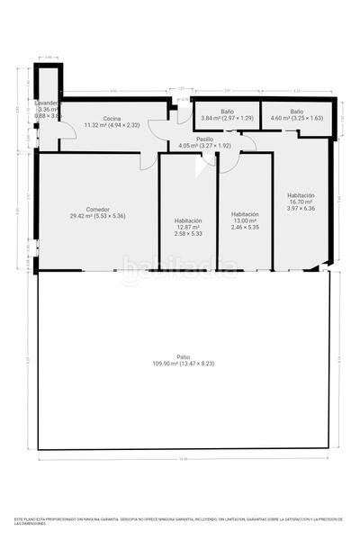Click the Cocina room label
pyautogui.click(x=112, y=119)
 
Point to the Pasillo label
pyautogui.click(x=204, y=139)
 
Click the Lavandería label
pyautogui.click(x=48, y=103)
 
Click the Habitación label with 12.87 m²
pyautogui.click(x=188, y=220)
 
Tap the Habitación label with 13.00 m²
pyautogui.click(x=245, y=214)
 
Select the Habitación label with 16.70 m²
pyautogui.click(x=301, y=195)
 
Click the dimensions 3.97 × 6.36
pyautogui.click(x=301, y=210)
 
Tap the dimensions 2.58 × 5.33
pyautogui.click(x=188, y=234)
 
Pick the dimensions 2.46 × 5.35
pyautogui.click(x=245, y=228)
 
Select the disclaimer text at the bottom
pyautogui.click(x=180, y=522)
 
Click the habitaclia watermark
pyautogui.click(x=180, y=266)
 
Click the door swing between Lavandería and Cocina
pyautogui.click(x=66, y=135)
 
